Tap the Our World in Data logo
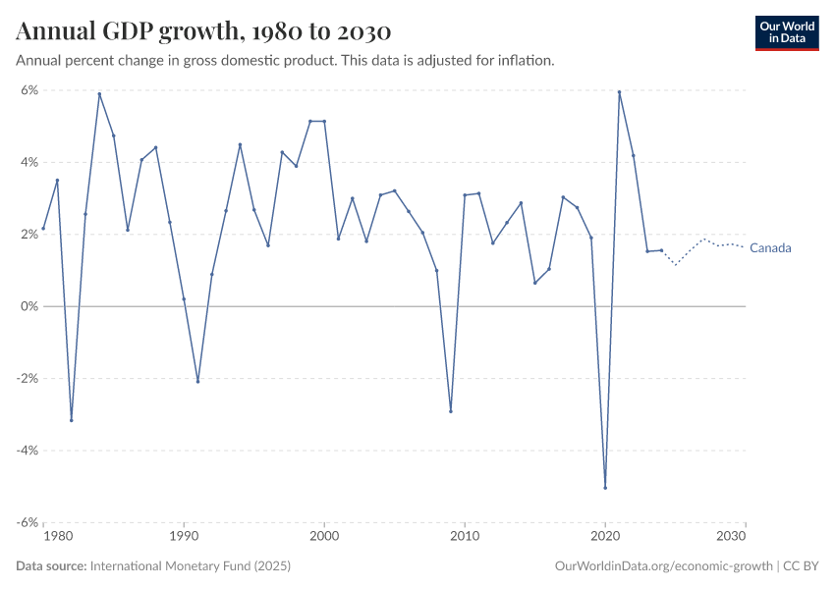tap(786, 32)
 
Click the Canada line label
tap(769, 248)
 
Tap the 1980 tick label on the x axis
tap(58, 537)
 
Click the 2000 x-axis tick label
tap(324, 537)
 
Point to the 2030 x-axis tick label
tap(731, 537)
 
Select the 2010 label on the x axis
tap(465, 537)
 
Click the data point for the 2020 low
tap(605, 488)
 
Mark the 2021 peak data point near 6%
tap(619, 92)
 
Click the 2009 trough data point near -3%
tap(451, 411)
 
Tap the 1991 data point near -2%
tap(197, 381)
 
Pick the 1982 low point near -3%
tap(72, 420)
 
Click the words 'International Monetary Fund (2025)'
tap(190, 566)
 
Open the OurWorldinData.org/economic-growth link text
tap(663, 566)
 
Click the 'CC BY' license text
tap(800, 566)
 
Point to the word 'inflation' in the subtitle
tap(524, 60)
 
